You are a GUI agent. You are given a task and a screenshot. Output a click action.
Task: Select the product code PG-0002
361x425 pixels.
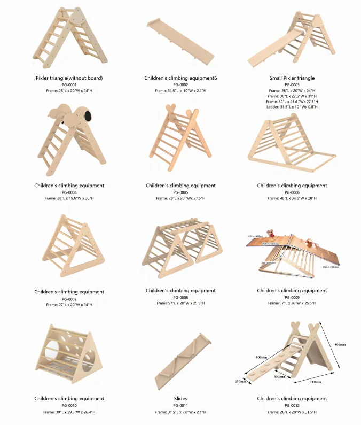click(180, 84)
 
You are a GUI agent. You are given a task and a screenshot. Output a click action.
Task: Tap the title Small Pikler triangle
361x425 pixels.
click(292, 78)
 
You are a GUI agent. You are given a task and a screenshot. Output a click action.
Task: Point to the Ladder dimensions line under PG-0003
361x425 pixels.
click(292, 107)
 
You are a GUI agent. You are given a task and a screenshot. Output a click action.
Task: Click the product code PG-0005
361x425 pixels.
click(180, 192)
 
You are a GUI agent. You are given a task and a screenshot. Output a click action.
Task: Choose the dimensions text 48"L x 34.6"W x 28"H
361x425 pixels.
click(292, 198)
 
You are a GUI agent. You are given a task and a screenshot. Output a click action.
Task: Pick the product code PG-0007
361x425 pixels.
click(69, 299)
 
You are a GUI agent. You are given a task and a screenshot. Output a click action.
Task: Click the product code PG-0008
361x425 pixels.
click(180, 297)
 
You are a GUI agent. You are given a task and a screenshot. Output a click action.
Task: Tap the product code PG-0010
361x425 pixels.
click(69, 406)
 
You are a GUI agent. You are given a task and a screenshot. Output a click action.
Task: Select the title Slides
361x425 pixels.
click(180, 399)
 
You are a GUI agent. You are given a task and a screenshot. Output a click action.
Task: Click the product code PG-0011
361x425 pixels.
click(180, 406)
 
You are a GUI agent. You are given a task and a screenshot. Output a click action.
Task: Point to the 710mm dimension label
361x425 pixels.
click(315, 382)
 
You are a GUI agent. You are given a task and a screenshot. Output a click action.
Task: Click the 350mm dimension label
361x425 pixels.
click(240, 381)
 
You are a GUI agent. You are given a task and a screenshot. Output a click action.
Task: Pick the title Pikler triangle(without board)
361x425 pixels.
click(69, 78)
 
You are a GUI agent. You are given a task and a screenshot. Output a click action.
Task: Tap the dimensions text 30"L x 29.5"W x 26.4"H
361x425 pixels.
click(69, 412)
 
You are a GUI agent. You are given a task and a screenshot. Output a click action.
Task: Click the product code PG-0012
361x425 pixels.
click(292, 406)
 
